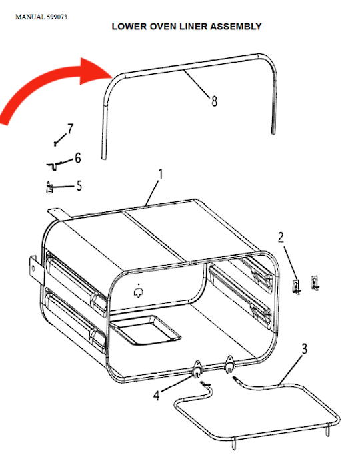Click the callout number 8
coord(214,101)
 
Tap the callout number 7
coord(70,129)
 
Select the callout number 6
coord(77,158)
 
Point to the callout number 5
coord(79,186)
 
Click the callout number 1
coord(161,175)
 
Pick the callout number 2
coord(281,238)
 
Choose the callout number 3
coord(304,349)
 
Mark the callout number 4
coord(157,396)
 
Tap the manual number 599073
coord(57,17)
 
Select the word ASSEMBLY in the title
coord(236,27)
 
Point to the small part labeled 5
coord(49,187)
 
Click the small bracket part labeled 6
coord(53,165)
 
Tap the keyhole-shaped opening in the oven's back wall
coord(139,292)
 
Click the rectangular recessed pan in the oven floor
coord(145,330)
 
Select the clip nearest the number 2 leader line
coord(296,286)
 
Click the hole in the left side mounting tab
coord(33,268)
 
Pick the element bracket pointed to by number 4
coord(197,369)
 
